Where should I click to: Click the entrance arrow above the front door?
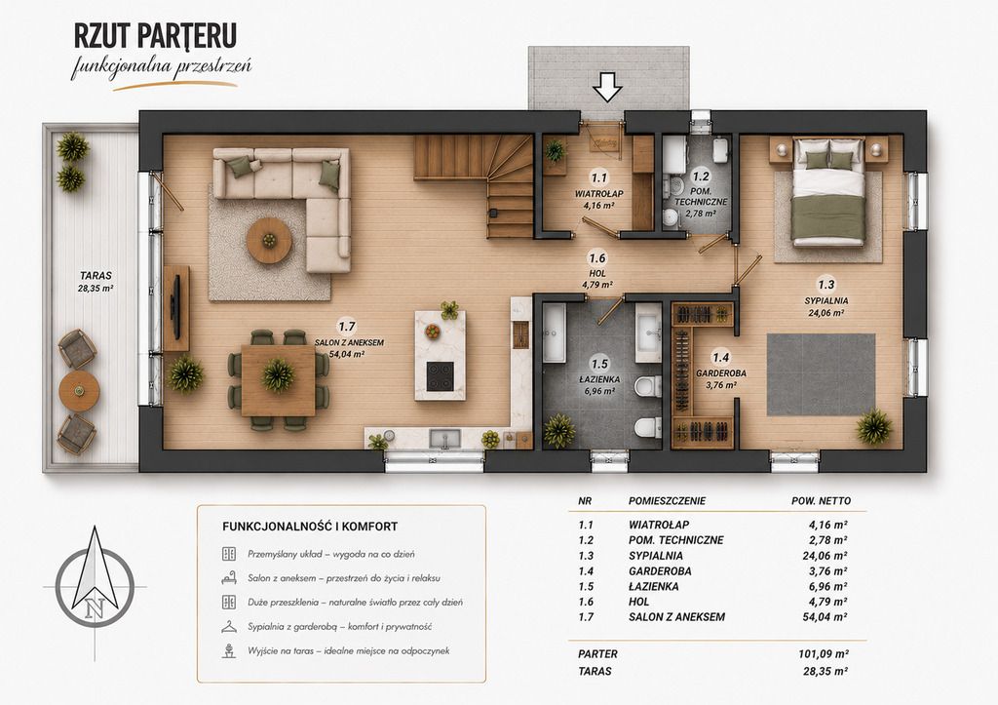pyautogui.click(x=608, y=87)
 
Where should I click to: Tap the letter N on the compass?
pyautogui.click(x=95, y=609)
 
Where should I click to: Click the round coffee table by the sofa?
pyautogui.click(x=269, y=240)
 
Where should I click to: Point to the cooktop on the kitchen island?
pyautogui.click(x=441, y=375)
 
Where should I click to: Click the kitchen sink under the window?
pyautogui.click(x=444, y=438)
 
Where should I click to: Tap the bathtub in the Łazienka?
pyautogui.click(x=554, y=333)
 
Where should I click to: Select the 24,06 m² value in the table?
pyautogui.click(x=825, y=556)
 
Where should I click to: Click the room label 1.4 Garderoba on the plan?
pyautogui.click(x=720, y=371)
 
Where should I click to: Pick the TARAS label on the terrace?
pyautogui.click(x=96, y=276)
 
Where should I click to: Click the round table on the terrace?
pyautogui.click(x=79, y=390)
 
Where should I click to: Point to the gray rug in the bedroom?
pyautogui.click(x=821, y=374)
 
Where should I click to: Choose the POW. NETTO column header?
pyautogui.click(x=821, y=501)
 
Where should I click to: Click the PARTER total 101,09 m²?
pyautogui.click(x=824, y=654)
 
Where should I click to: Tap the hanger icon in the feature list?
pyautogui.click(x=228, y=627)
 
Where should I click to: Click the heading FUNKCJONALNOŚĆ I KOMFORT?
pyautogui.click(x=310, y=527)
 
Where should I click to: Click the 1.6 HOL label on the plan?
pyautogui.click(x=597, y=271)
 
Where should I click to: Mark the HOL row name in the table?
pyautogui.click(x=639, y=602)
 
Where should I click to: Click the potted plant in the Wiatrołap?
pyautogui.click(x=555, y=151)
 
